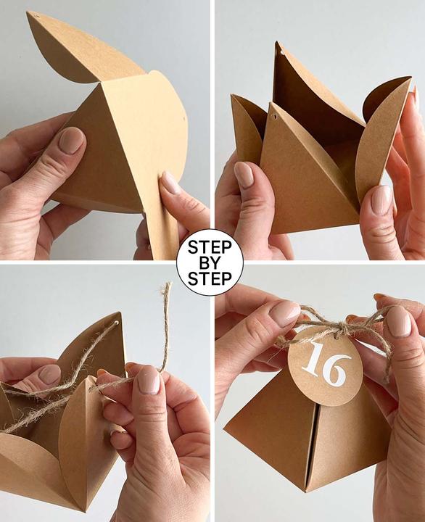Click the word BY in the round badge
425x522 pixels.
pos(210,262)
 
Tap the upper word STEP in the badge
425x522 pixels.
pos(210,246)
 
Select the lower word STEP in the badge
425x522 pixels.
pos(210,278)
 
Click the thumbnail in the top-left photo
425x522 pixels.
pos(72,140)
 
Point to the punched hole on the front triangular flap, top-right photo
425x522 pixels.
pos(274,116)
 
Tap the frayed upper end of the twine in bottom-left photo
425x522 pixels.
pos(167,290)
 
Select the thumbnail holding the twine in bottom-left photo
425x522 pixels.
pos(148,379)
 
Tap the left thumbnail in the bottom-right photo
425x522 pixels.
pos(284,313)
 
